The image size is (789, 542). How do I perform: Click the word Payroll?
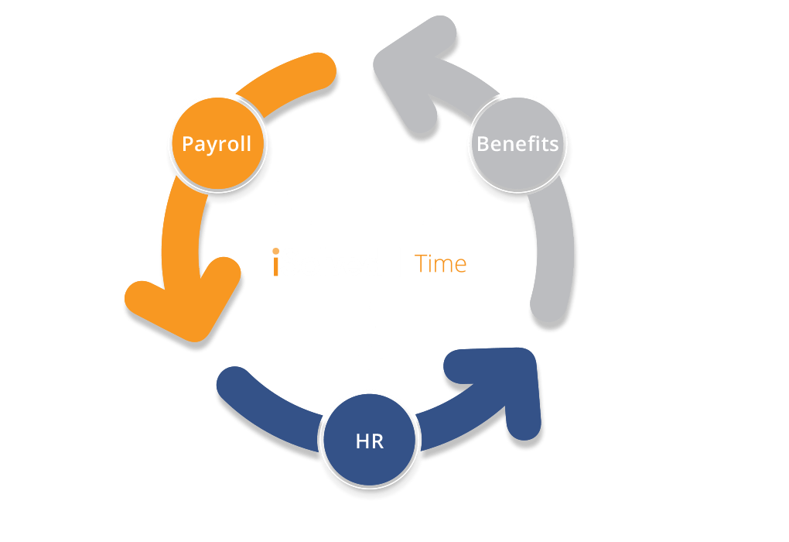pos(217,144)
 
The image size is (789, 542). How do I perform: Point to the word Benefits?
pos(517,144)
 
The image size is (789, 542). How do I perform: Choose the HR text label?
pos(369,443)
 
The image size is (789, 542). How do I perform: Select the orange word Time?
pos(440,264)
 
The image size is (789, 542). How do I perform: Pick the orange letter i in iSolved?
pos(275,262)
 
